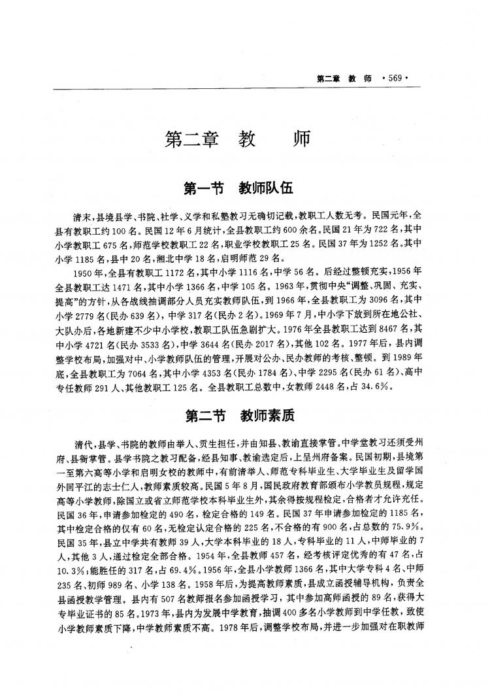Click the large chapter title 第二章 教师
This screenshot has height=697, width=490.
click(237, 139)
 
